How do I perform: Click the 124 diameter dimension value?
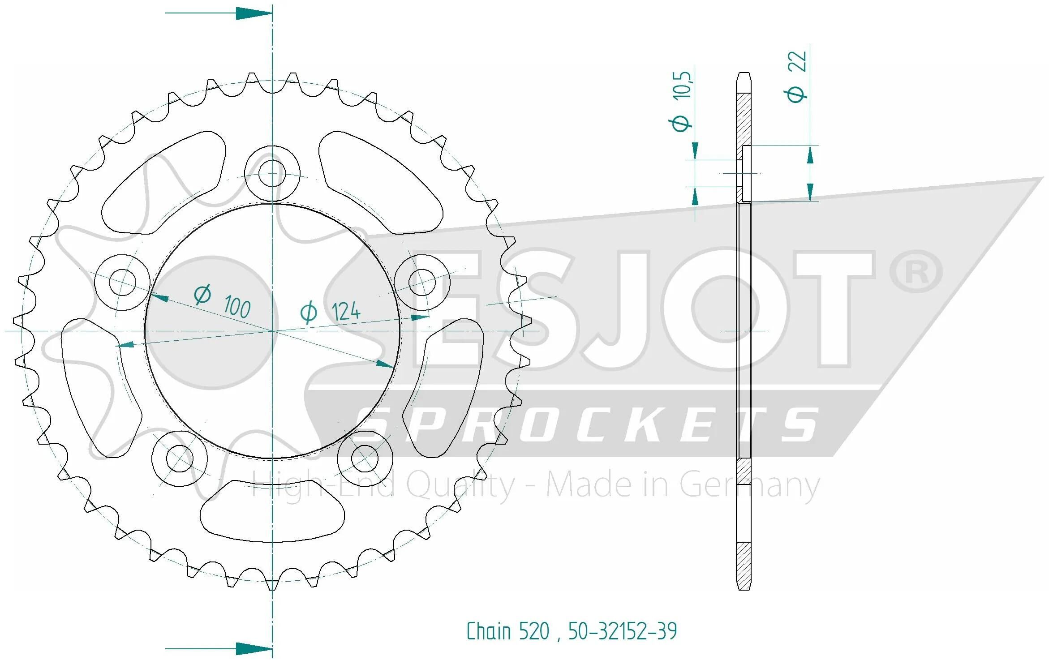(331, 312)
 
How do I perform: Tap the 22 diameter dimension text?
(796, 77)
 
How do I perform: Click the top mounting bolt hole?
(272, 173)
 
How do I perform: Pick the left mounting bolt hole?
(122, 282)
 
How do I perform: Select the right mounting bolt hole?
(422, 282)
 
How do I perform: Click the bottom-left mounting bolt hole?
(179, 459)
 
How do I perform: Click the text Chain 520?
(508, 631)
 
